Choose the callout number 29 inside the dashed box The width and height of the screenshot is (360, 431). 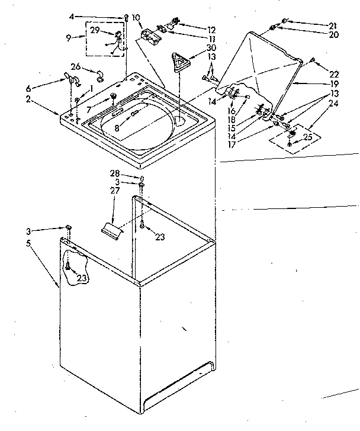[94, 30]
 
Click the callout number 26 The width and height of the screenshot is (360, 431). [75, 66]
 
